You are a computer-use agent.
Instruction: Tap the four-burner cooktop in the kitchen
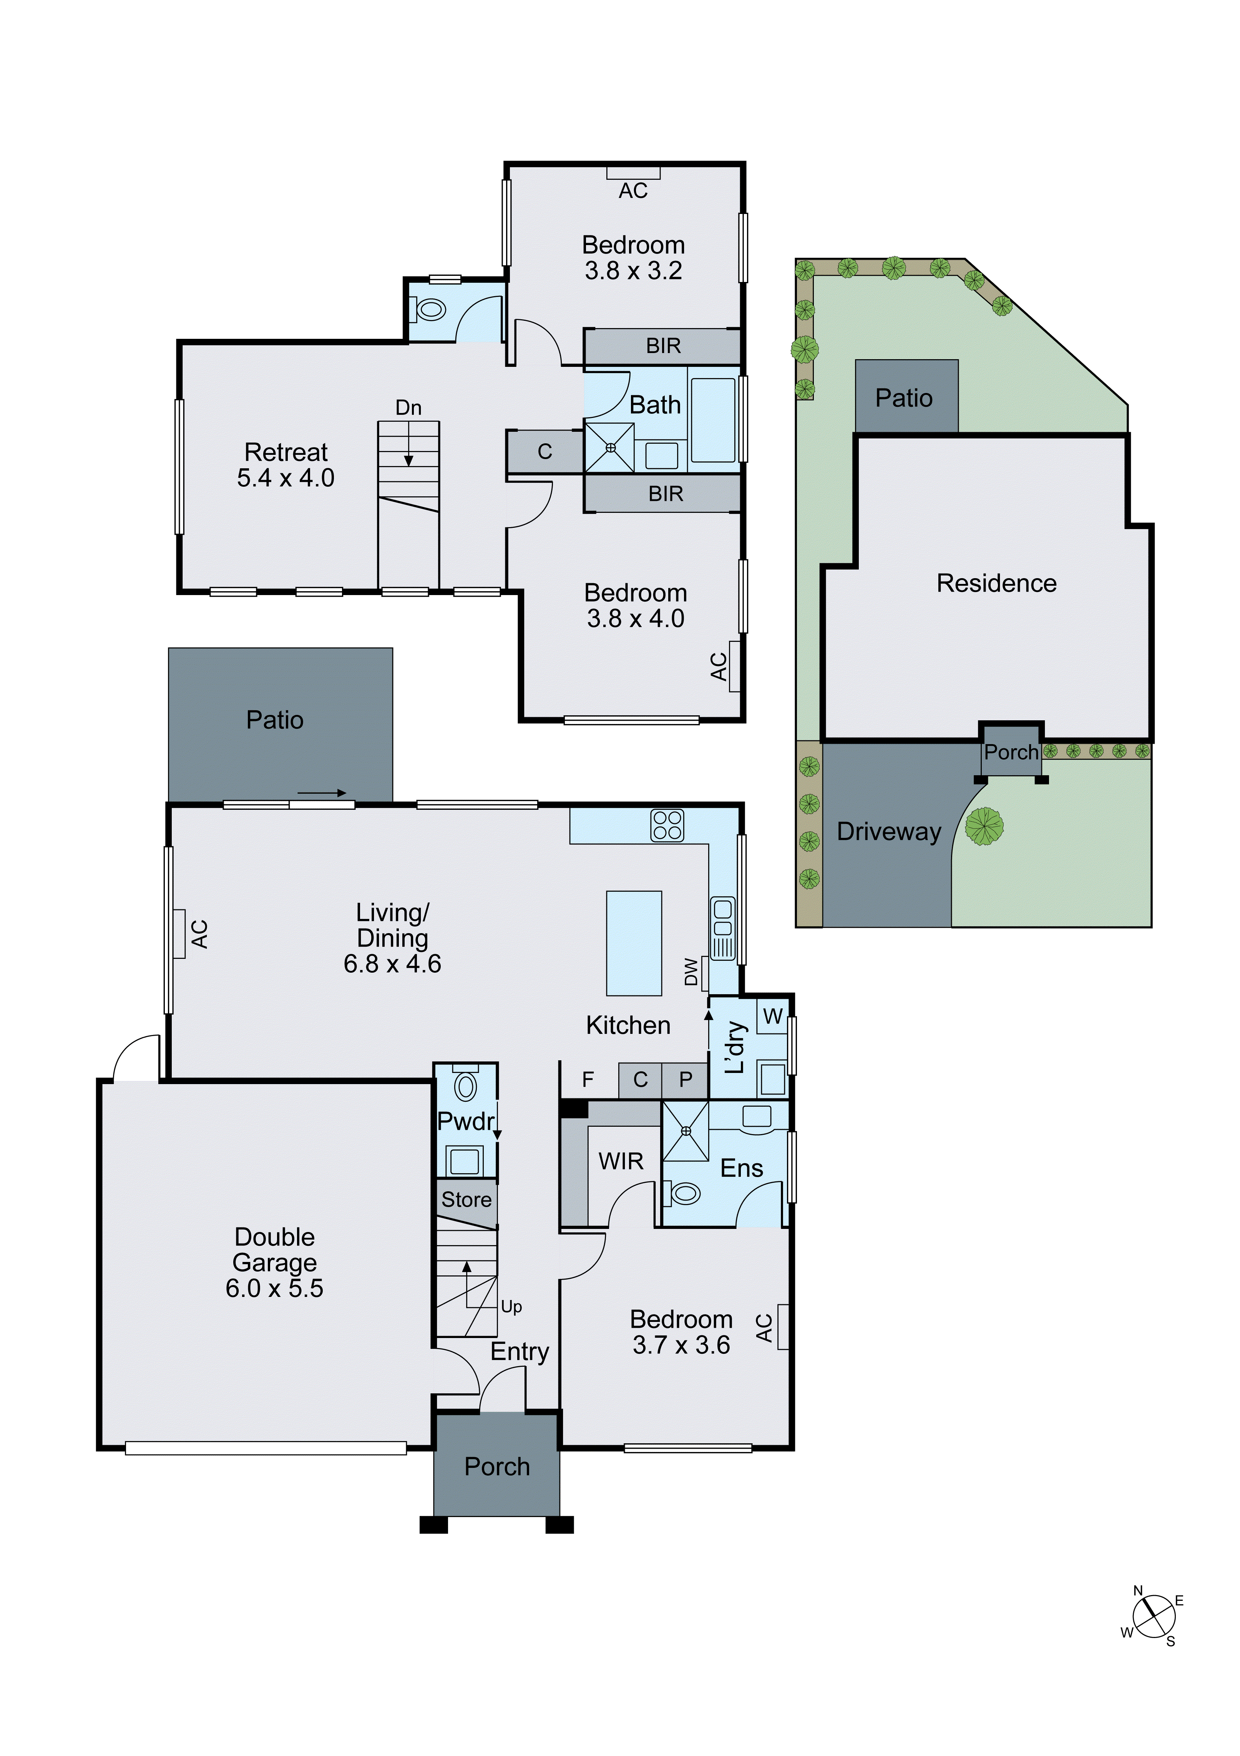point(667,825)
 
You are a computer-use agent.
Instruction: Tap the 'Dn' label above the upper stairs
point(408,408)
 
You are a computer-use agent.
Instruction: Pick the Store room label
point(466,1199)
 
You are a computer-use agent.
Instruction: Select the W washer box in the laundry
point(773,1016)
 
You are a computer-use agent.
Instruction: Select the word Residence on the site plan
point(996,584)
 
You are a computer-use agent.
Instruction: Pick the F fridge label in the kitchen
point(588,1079)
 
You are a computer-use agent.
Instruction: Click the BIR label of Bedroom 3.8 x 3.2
point(662,346)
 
